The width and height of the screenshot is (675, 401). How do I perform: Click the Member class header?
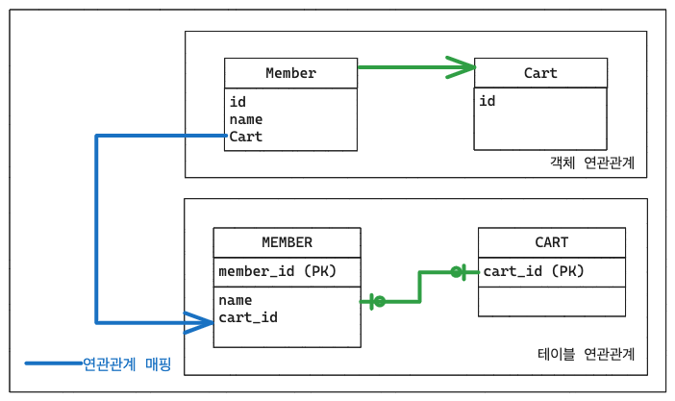point(291,73)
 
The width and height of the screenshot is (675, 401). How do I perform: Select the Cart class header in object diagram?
point(540,73)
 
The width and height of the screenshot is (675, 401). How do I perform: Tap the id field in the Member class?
point(237,102)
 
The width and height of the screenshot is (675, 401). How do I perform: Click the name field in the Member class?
point(246,119)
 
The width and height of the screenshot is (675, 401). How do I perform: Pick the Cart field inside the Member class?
point(246,137)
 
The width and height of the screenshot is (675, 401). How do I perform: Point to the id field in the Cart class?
point(487,101)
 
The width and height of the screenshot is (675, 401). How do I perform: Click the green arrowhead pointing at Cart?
point(461,67)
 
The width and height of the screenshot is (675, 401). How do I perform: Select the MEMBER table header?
point(287,242)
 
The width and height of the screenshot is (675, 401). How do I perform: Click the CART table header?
point(552,242)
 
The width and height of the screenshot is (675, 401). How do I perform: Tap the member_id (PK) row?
point(278,271)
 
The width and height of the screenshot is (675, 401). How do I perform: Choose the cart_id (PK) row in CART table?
point(534,271)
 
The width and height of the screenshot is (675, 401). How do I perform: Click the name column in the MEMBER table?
point(236,300)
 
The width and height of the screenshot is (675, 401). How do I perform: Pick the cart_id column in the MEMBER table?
point(248,317)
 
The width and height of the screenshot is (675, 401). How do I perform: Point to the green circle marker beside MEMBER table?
point(380,302)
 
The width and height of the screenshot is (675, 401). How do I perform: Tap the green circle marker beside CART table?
point(456,272)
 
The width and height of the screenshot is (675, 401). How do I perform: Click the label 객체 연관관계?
point(592,163)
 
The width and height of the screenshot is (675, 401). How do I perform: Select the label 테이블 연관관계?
point(587,354)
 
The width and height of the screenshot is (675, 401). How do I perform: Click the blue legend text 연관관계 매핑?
point(127,363)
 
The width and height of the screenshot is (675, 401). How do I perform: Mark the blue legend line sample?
point(54,363)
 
